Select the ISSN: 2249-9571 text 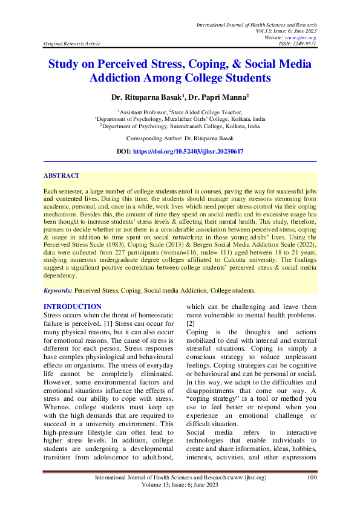pyautogui.click(x=296, y=44)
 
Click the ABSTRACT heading pyautogui.click(x=61, y=175)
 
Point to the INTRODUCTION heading pyautogui.click(x=73, y=306)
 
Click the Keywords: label pyautogui.click(x=59, y=290)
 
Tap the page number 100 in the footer pyautogui.click(x=312, y=478)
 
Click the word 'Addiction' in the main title pyautogui.click(x=120, y=78)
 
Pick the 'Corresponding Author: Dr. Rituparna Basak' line pyautogui.click(x=180, y=138)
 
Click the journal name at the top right pyautogui.click(x=257, y=24)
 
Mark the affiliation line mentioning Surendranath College pyautogui.click(x=180, y=126)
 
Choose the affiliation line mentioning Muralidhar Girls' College pyautogui.click(x=180, y=119)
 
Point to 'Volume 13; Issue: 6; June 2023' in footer pyautogui.click(x=180, y=486)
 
